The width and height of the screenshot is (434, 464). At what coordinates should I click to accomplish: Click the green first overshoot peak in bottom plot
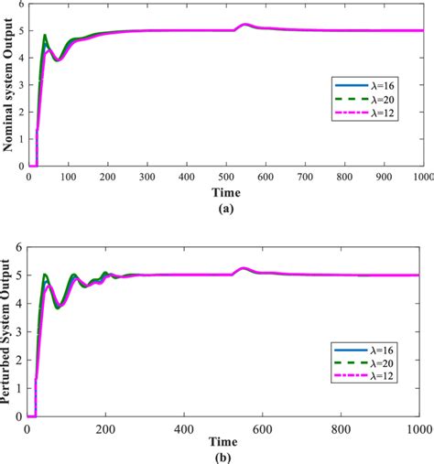point(47,274)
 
